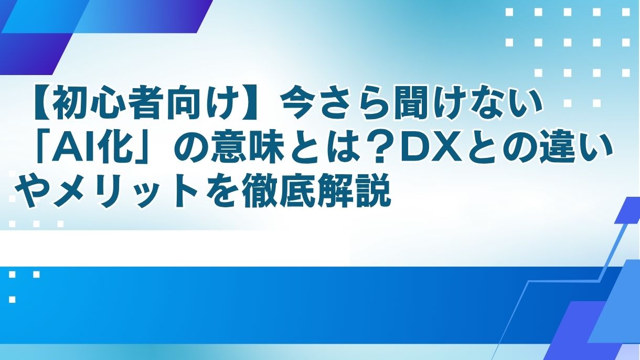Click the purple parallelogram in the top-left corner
[31, 52]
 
